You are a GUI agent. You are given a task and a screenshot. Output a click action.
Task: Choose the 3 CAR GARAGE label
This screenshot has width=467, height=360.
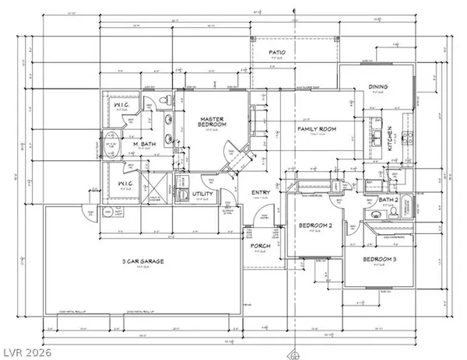(143, 263)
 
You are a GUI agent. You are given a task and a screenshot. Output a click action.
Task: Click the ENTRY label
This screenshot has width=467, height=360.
(259, 193)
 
